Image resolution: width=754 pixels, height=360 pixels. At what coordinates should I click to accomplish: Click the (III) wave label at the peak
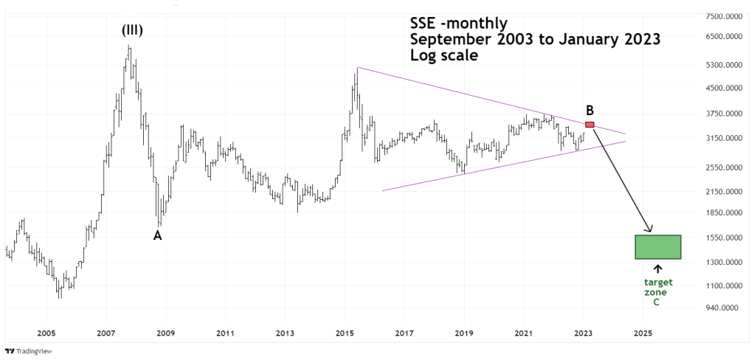[132, 30]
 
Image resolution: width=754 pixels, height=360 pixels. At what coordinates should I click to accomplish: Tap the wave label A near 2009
[157, 235]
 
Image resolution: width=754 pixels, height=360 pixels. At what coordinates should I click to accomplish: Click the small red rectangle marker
[589, 124]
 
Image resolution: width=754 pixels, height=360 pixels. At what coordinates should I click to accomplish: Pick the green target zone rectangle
[657, 247]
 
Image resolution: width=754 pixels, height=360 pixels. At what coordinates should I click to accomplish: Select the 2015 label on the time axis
[345, 333]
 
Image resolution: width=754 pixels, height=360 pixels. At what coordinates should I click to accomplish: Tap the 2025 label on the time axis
[643, 333]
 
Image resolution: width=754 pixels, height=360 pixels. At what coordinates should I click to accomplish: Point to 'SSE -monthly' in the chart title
[458, 23]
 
